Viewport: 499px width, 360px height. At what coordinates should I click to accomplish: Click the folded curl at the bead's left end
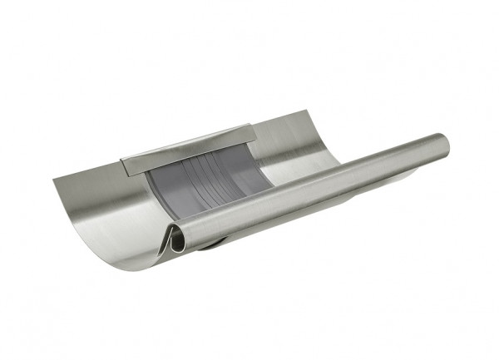176,239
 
